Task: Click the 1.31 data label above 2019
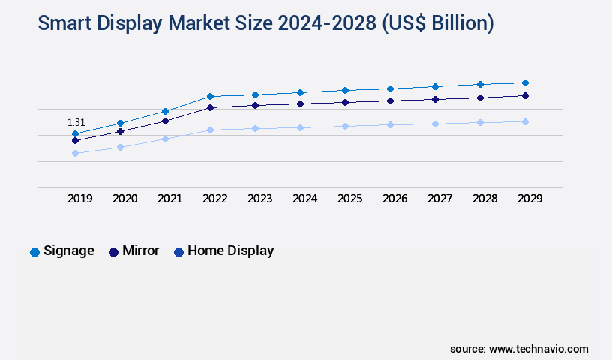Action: tap(76, 122)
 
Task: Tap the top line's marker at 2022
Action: tap(210, 96)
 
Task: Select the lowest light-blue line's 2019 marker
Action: tap(75, 153)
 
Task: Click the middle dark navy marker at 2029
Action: tap(525, 95)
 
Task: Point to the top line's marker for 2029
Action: tap(525, 82)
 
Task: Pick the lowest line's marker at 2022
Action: tap(210, 130)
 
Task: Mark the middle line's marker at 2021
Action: tap(165, 120)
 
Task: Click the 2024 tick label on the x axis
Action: tap(304, 199)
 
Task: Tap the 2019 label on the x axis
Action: tap(79, 199)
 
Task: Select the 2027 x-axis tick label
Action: tap(439, 199)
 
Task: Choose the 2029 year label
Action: tap(529, 199)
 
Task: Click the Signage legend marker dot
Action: tap(34, 252)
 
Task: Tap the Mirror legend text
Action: tap(140, 250)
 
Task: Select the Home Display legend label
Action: tap(230, 250)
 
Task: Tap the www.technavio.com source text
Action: tap(538, 349)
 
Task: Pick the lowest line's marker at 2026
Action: tap(390, 124)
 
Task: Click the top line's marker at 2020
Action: tap(120, 123)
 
